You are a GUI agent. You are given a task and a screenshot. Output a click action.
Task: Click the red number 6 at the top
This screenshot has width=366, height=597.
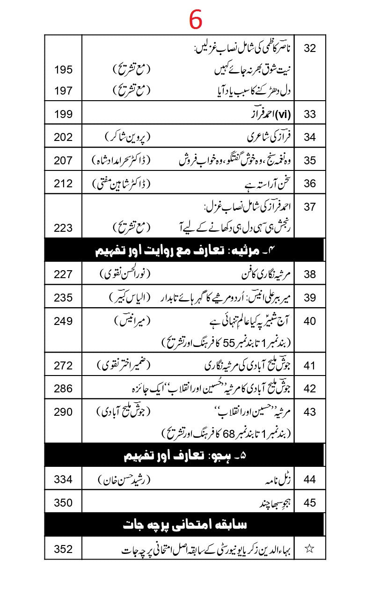click(196, 20)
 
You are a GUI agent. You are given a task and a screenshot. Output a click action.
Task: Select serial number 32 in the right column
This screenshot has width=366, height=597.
click(310, 49)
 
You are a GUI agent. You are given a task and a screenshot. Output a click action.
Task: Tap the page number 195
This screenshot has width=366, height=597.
click(63, 70)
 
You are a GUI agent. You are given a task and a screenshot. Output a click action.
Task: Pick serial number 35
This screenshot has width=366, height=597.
click(310, 161)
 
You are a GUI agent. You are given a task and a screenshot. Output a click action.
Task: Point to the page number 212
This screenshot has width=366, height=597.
click(63, 184)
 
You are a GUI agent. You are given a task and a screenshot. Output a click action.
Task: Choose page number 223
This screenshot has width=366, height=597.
click(63, 228)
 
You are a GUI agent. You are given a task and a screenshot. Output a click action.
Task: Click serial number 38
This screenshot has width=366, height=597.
click(310, 274)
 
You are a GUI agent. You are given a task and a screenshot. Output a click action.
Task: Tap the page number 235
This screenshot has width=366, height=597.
click(63, 297)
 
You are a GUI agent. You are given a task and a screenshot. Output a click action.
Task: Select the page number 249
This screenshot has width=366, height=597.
click(63, 321)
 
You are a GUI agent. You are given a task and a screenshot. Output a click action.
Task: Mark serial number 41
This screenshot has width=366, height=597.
click(310, 366)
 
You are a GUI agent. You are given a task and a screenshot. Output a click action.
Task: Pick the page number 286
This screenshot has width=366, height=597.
click(63, 389)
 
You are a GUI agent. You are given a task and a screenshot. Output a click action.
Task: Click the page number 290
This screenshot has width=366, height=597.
click(63, 412)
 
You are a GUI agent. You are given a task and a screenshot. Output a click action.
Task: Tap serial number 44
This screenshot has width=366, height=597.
click(310, 479)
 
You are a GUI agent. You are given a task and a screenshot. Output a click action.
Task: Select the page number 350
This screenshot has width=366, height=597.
click(63, 503)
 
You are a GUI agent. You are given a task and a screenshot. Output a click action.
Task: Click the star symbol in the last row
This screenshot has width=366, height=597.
click(309, 549)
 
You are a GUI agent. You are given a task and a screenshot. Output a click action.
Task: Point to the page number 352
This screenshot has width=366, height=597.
click(63, 549)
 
